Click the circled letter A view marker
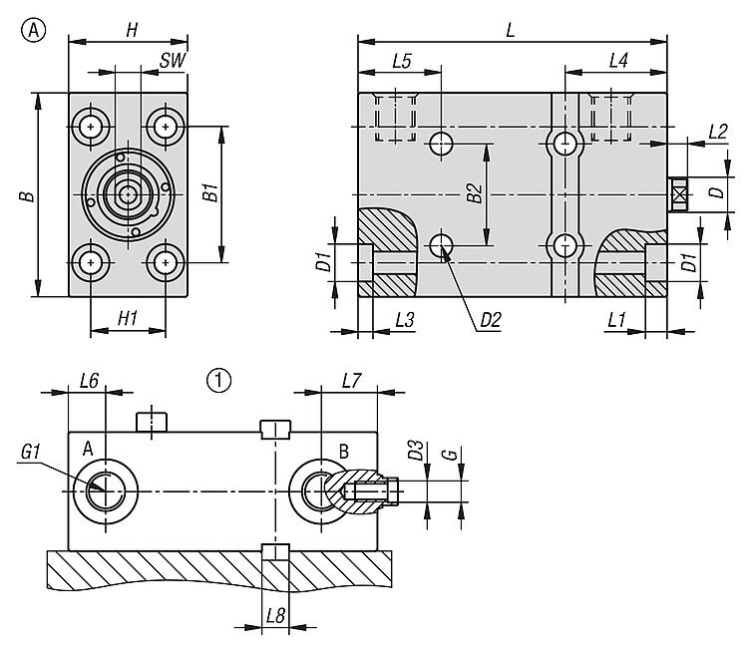(x=34, y=31)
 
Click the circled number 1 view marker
(x=218, y=379)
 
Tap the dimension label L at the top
(x=510, y=30)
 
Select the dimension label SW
(x=173, y=61)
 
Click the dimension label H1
(x=127, y=318)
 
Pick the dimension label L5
(x=401, y=61)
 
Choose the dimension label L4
(x=617, y=61)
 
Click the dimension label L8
(x=276, y=617)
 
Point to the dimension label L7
(x=351, y=380)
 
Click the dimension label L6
(x=88, y=380)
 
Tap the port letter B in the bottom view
(x=343, y=451)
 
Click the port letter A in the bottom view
(x=88, y=451)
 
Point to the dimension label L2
(x=716, y=131)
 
